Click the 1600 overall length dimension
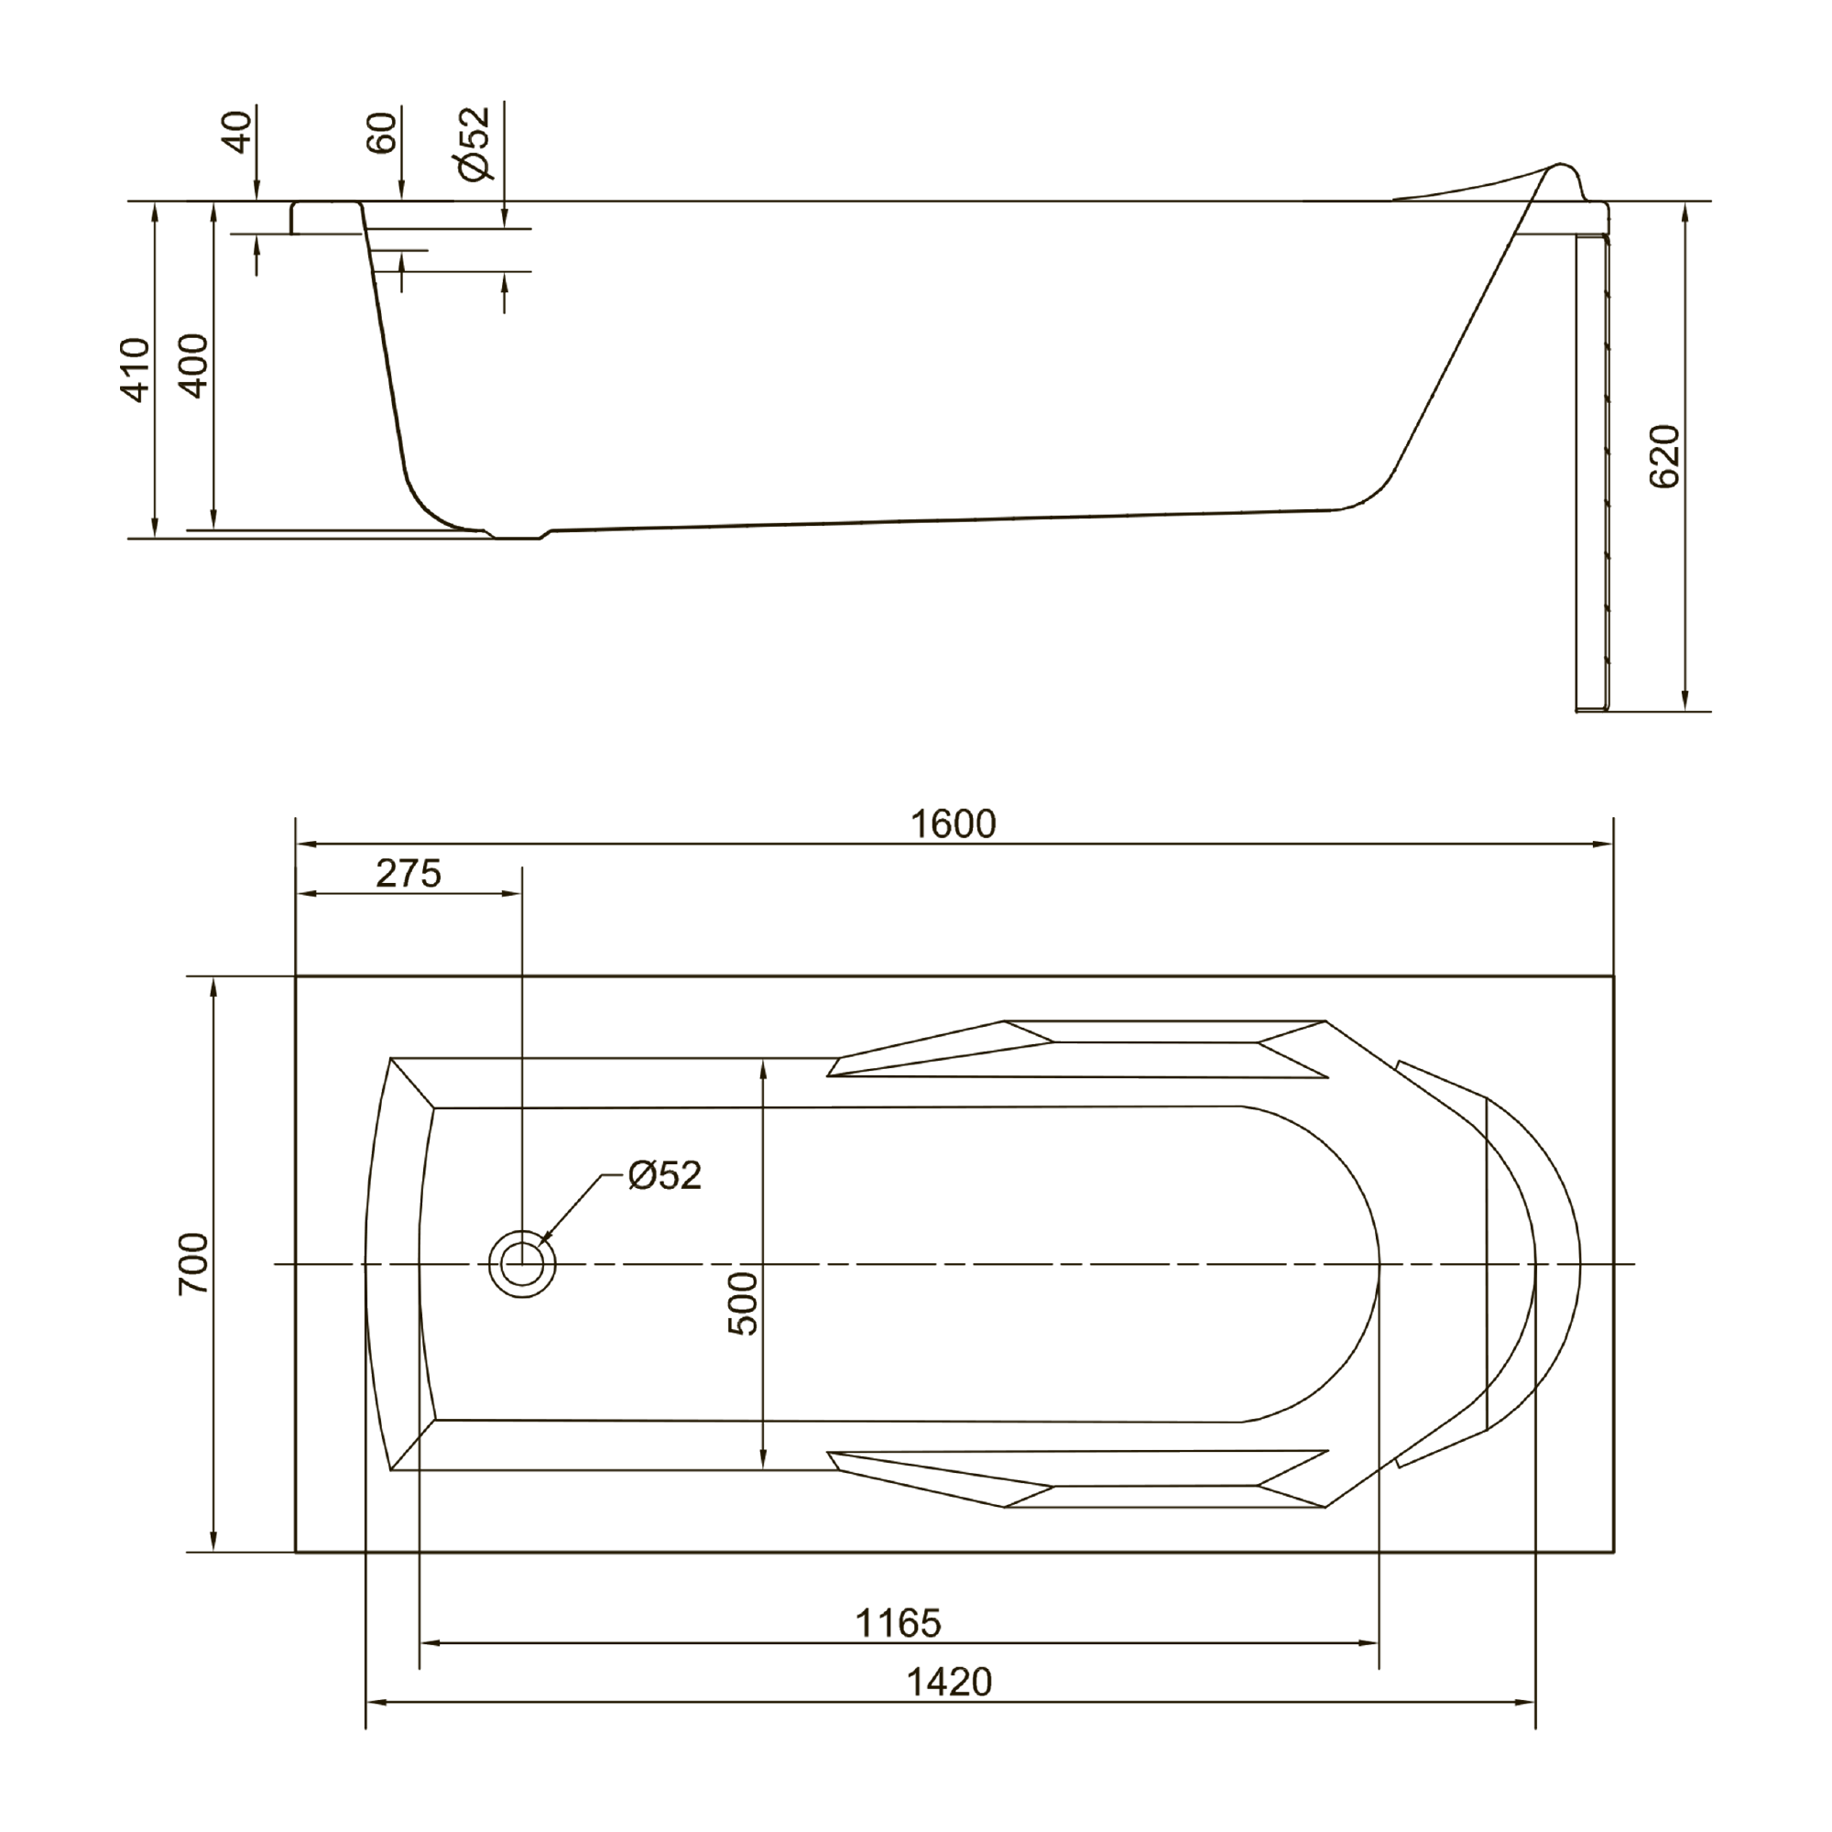(x=953, y=824)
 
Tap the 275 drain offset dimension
(x=409, y=873)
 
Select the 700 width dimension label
(x=193, y=1264)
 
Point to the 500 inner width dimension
(x=745, y=1303)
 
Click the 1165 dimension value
(x=898, y=1623)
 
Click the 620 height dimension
(x=1664, y=456)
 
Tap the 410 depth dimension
(x=136, y=370)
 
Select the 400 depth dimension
(x=193, y=365)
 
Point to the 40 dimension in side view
(x=238, y=131)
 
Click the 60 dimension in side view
(x=381, y=132)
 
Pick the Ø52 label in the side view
(x=474, y=142)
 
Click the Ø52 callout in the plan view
(x=665, y=1176)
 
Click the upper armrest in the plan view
(x=1077, y=1049)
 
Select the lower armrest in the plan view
(x=1077, y=1478)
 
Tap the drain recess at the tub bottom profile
(x=518, y=535)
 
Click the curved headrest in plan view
(x=1532, y=1265)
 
